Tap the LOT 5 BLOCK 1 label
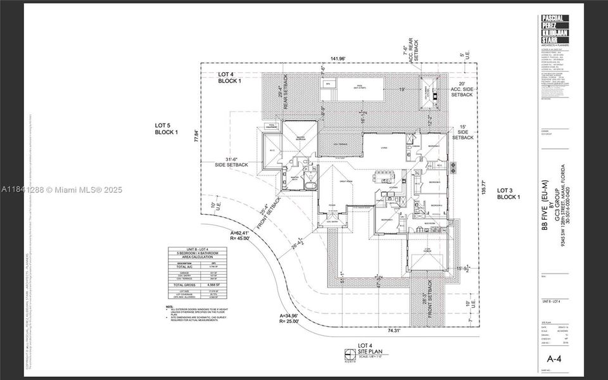[x=167, y=129]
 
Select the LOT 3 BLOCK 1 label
[x=508, y=193]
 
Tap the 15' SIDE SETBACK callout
[x=462, y=131]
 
